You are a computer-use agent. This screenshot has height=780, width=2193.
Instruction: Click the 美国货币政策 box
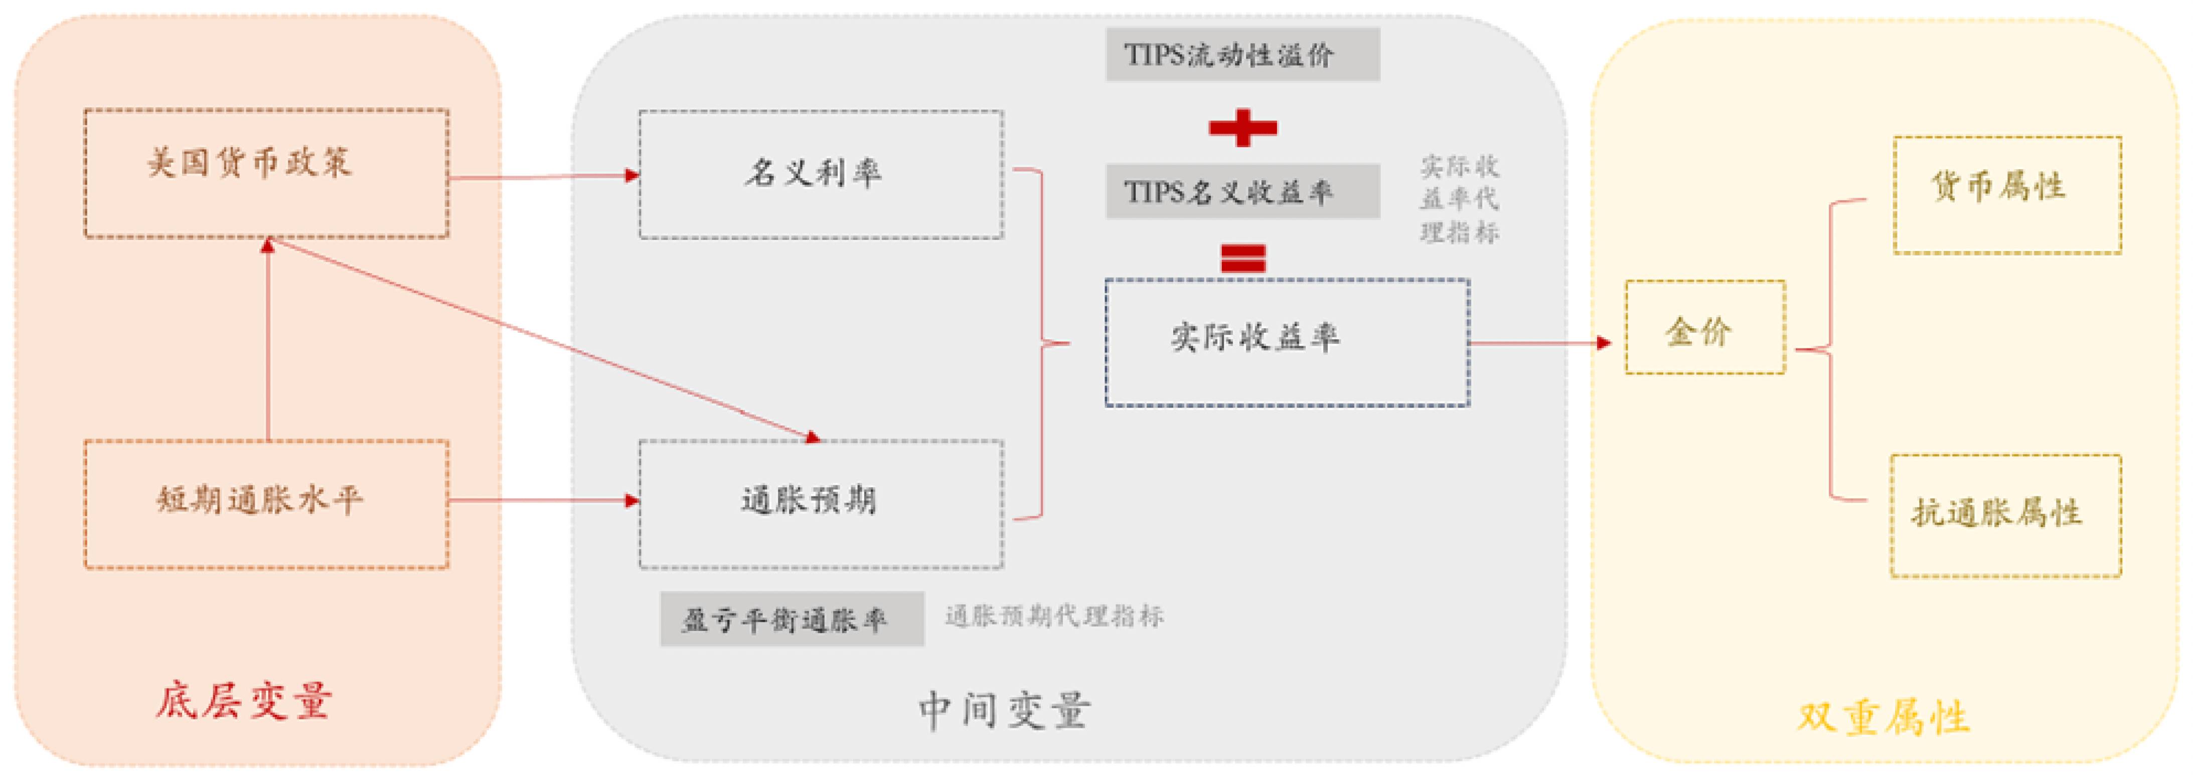[x=266, y=173]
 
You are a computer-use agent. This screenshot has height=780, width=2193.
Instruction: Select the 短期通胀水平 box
[x=266, y=503]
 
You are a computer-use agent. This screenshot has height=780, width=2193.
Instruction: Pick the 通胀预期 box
[x=821, y=503]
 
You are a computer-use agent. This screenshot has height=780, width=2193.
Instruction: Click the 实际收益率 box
[x=1286, y=342]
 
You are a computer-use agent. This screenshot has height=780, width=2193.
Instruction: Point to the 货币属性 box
[x=2006, y=195]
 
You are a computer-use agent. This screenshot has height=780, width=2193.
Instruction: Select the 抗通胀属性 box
[x=2005, y=515]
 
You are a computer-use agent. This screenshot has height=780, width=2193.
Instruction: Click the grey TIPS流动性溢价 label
[x=1242, y=55]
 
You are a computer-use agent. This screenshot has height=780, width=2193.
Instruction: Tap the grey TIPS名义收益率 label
[x=1242, y=192]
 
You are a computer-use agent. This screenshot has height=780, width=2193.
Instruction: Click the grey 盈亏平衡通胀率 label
[x=791, y=619]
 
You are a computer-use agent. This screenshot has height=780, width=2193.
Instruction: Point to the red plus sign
[x=1242, y=127]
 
